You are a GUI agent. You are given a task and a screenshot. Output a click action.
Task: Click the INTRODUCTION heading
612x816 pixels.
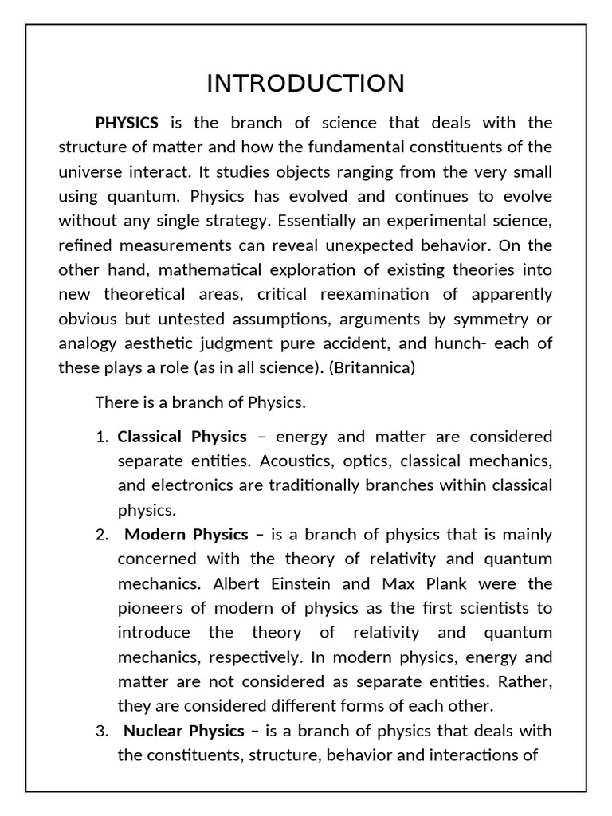305,84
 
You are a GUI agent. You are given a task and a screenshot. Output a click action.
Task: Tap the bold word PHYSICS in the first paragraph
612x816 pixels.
127,123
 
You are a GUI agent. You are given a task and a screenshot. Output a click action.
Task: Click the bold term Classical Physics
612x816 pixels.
182,437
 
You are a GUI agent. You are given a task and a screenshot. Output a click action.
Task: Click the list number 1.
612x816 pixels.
100,437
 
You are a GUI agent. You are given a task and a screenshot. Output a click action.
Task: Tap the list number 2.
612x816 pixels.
100,535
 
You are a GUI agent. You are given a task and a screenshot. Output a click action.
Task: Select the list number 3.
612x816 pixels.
100,731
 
